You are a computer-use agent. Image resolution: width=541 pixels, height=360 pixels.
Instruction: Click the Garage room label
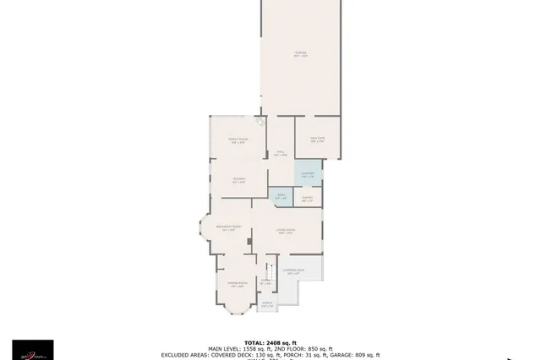[300, 54]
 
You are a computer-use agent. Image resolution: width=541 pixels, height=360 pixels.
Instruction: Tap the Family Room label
[238, 140]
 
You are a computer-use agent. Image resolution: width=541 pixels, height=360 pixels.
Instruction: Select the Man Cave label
[318, 140]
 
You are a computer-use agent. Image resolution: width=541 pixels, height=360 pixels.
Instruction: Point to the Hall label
[281, 153]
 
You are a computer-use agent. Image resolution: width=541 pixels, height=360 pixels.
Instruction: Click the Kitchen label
[239, 180]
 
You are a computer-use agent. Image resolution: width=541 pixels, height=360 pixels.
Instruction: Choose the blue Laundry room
[308, 175]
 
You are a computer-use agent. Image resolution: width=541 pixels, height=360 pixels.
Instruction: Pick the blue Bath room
[281, 198]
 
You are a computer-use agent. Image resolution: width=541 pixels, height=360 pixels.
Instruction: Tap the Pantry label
[308, 199]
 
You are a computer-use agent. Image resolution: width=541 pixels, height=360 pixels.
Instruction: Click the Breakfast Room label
[228, 227]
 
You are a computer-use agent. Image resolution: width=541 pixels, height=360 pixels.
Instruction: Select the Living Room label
[284, 231]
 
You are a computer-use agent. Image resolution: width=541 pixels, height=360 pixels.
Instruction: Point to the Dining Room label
[238, 284]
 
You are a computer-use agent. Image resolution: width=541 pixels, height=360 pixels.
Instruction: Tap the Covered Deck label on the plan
[294, 272]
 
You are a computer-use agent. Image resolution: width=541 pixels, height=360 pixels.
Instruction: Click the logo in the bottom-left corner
[32, 349]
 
